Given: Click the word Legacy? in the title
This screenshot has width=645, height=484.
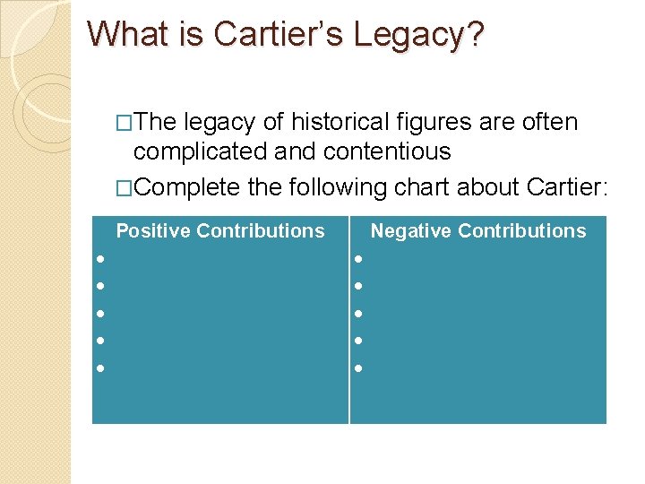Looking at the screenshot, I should coord(418,34).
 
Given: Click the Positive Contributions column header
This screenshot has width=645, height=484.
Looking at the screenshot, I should coord(220,231).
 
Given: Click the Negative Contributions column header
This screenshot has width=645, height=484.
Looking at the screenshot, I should coord(478,231).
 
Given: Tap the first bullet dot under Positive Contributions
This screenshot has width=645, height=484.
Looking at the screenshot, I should coord(101,260).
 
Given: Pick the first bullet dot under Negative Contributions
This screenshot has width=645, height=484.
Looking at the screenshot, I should coord(357,260).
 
